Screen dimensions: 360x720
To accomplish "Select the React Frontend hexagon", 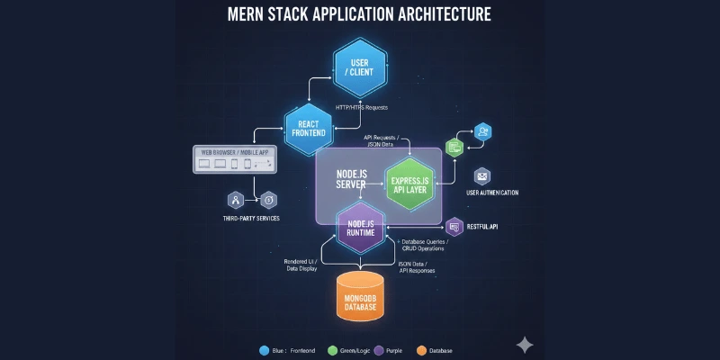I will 310,127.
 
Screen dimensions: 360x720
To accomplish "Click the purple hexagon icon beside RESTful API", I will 454,226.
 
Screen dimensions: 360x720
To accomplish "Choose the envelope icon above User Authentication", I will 482,175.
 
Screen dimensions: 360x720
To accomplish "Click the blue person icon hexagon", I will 482,131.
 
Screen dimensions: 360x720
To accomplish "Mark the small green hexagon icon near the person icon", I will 454,146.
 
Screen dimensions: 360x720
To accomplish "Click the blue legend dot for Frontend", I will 265,350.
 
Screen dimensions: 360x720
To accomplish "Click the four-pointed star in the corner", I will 525,345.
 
